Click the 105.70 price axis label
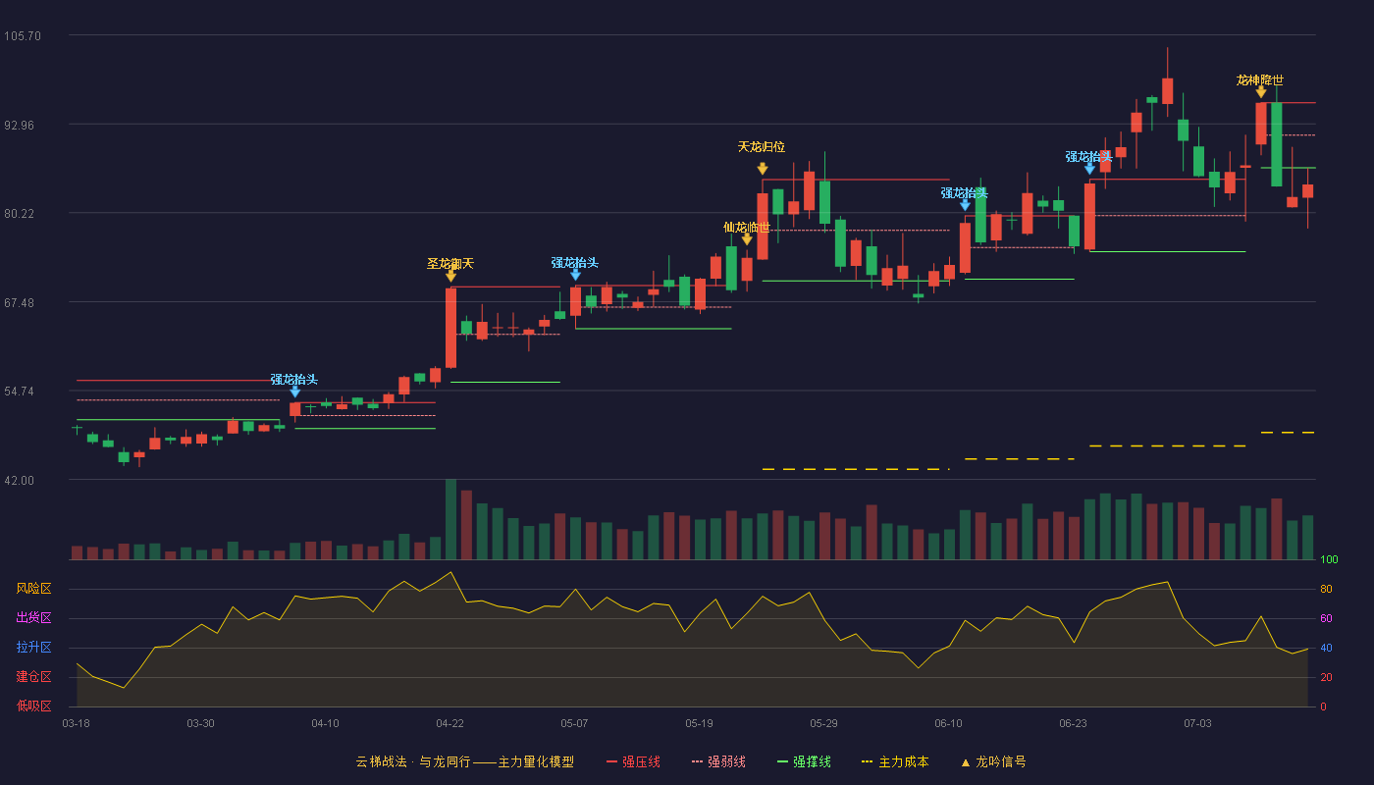pyautogui.click(x=23, y=36)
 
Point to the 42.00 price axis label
pyautogui.click(x=19, y=481)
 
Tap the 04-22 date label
pyautogui.click(x=449, y=724)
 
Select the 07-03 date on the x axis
pyautogui.click(x=1197, y=724)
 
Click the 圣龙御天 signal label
pyautogui.click(x=450, y=264)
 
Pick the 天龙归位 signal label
pyautogui.click(x=762, y=147)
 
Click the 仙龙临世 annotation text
pyautogui.click(x=747, y=228)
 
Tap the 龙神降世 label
pyautogui.click(x=1260, y=80)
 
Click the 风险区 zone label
pyautogui.click(x=33, y=589)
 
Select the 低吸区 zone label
pyautogui.click(x=33, y=706)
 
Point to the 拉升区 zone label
pyautogui.click(x=33, y=648)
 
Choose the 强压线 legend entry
pyautogui.click(x=633, y=762)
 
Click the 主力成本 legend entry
pyautogui.click(x=895, y=762)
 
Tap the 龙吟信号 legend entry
pyautogui.click(x=993, y=762)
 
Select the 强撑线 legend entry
pyautogui.click(x=804, y=762)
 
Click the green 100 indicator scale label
pyautogui.click(x=1329, y=559)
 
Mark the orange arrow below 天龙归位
pyautogui.click(x=763, y=169)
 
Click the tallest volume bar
pyautogui.click(x=450, y=519)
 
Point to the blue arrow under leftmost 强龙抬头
pyautogui.click(x=295, y=392)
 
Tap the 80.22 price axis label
pyautogui.click(x=19, y=214)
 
